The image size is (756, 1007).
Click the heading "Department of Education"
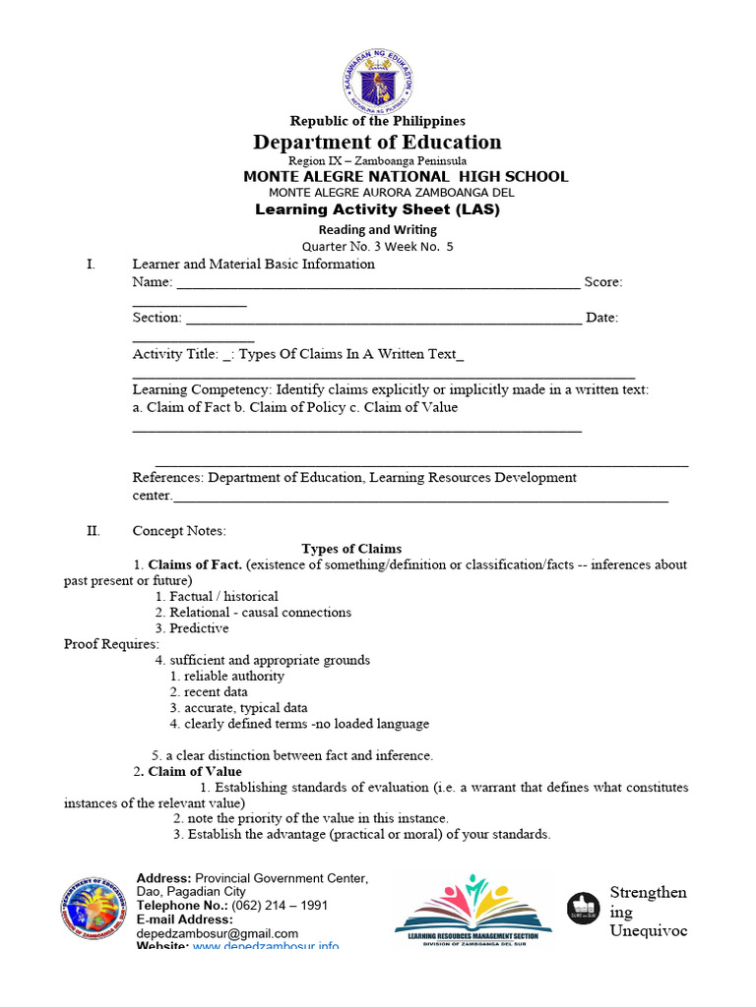(x=377, y=142)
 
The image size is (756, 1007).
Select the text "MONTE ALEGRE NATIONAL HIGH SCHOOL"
(x=406, y=176)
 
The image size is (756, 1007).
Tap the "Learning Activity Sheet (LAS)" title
(x=377, y=209)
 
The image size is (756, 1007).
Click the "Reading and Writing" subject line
(x=377, y=229)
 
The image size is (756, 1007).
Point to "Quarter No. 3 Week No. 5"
(x=377, y=247)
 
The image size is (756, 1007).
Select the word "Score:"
(x=602, y=282)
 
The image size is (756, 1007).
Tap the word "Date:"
(x=601, y=318)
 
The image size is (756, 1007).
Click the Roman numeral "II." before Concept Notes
(x=94, y=531)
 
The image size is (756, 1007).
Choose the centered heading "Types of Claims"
(x=351, y=549)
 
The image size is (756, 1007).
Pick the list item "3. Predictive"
(x=192, y=627)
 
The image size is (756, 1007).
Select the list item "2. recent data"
(x=209, y=691)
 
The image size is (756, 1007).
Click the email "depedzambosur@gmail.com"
(x=217, y=933)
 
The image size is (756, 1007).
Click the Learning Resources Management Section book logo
(x=473, y=910)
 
